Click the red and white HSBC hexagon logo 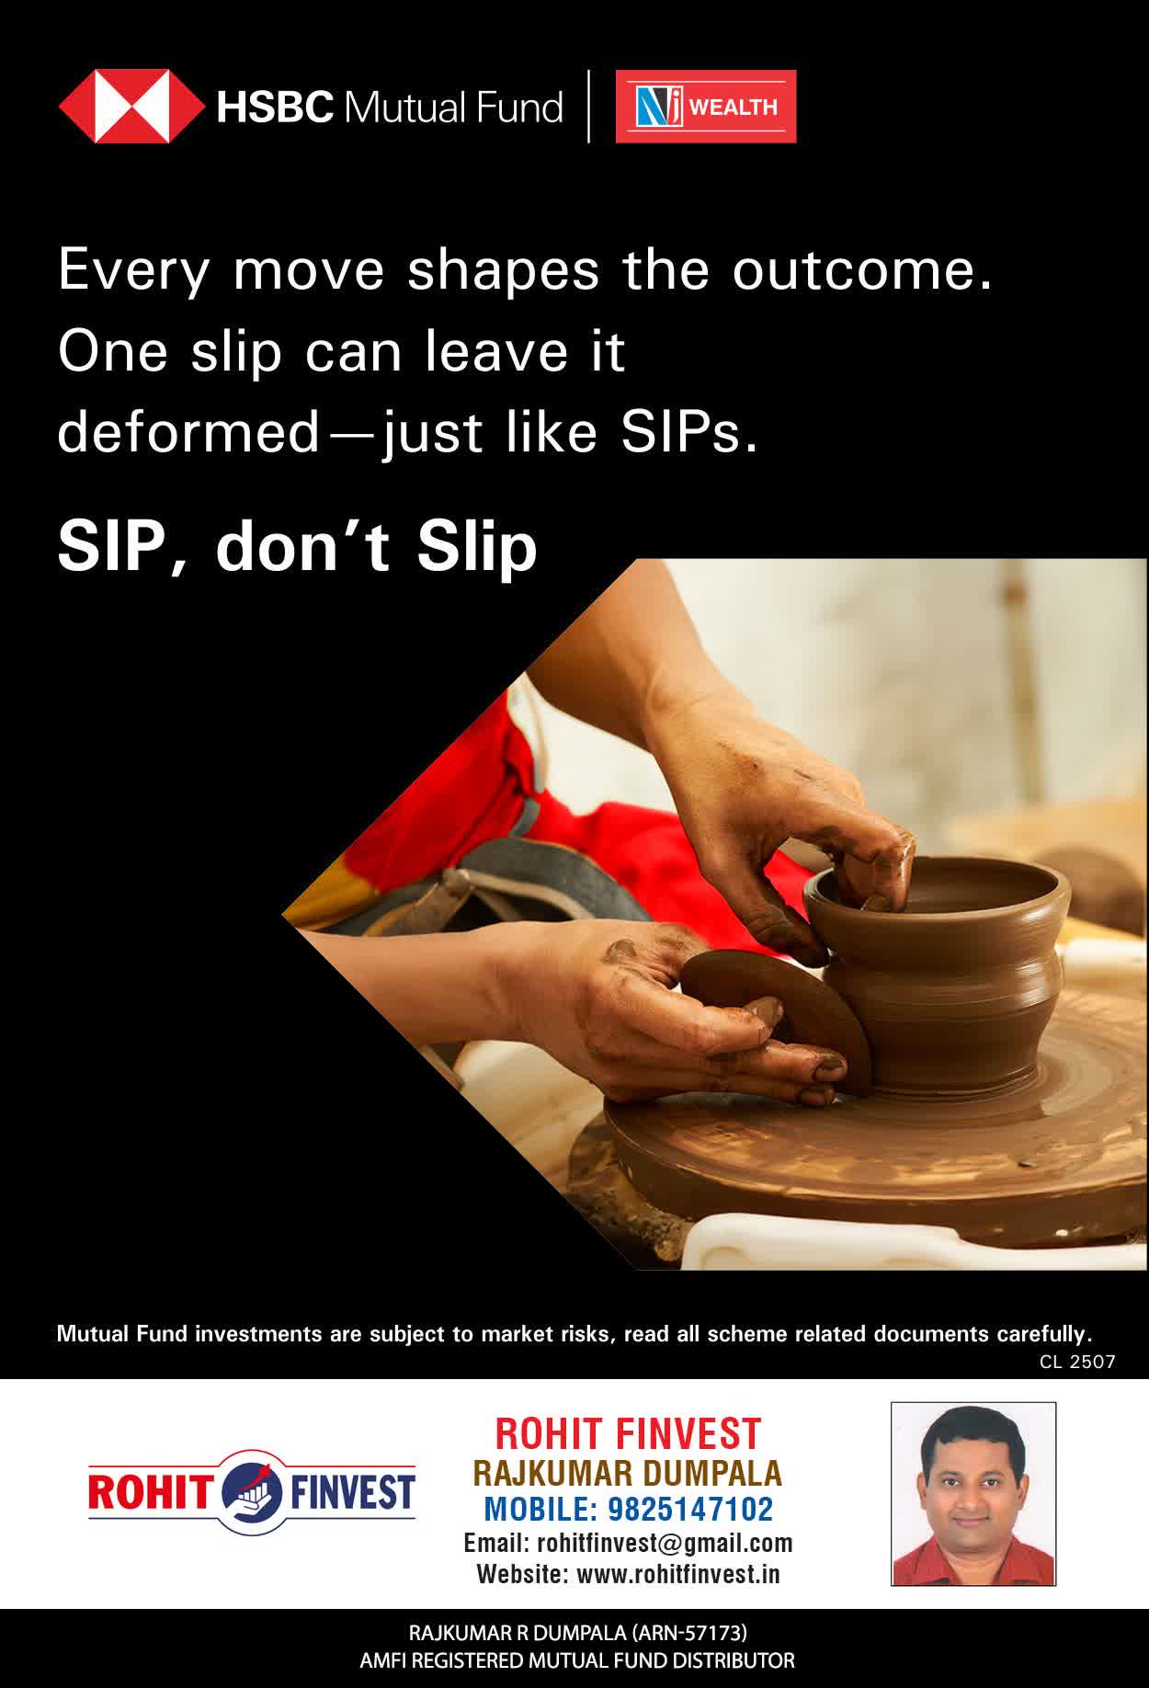pos(131,107)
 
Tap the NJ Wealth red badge pos(706,107)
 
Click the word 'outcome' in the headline pos(861,270)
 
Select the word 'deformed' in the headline pos(188,432)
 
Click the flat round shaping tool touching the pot pos(777,1016)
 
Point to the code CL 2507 pos(1077,1362)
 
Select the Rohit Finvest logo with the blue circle pos(252,1490)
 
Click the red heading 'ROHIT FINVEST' pos(628,1433)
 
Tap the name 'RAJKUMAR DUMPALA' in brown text pos(628,1473)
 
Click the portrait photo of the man pos(973,1494)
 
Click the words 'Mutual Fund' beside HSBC pos(452,108)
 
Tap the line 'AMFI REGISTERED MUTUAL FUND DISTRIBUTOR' pos(576,1660)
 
